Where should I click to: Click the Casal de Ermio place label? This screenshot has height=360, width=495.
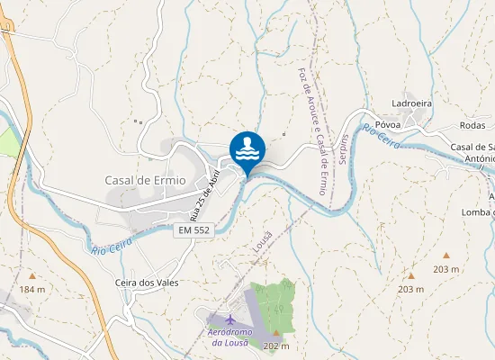point(145,179)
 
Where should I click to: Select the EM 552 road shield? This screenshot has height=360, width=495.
point(194,231)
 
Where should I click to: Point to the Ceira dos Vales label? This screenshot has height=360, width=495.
point(148,283)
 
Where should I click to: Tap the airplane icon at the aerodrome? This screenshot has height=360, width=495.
point(230,319)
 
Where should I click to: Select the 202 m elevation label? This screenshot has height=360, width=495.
point(277,346)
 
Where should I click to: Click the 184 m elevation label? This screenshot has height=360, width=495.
point(32,289)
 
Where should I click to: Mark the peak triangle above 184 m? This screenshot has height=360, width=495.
point(32,276)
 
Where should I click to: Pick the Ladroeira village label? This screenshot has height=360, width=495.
point(412,103)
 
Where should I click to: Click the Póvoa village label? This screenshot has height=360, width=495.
point(388,125)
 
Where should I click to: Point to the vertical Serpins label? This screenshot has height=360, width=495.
point(344,150)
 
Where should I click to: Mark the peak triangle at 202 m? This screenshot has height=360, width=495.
point(276,333)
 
